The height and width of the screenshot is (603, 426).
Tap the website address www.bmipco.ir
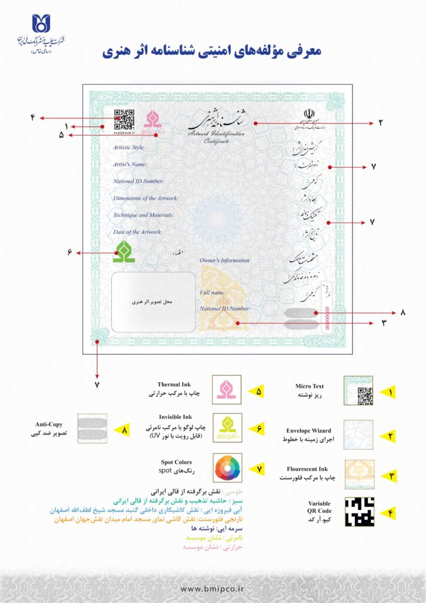point(212,588)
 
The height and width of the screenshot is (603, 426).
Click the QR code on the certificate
point(124,118)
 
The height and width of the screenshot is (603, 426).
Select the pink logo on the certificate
point(153,120)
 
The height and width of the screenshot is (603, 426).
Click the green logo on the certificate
point(124,251)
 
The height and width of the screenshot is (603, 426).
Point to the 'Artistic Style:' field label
point(129,147)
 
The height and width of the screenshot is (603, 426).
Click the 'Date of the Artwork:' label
point(137,232)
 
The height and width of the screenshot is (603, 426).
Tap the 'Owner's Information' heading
point(224,260)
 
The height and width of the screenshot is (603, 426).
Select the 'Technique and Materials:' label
point(144,215)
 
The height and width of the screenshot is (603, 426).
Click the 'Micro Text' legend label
point(309,386)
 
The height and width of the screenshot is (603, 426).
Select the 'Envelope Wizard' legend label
point(312,430)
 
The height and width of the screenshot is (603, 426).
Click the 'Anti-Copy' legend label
point(48,424)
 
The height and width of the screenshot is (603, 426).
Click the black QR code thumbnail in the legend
point(358,511)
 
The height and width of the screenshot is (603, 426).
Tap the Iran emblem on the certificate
point(309,113)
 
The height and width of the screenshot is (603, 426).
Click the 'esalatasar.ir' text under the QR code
point(124,133)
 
